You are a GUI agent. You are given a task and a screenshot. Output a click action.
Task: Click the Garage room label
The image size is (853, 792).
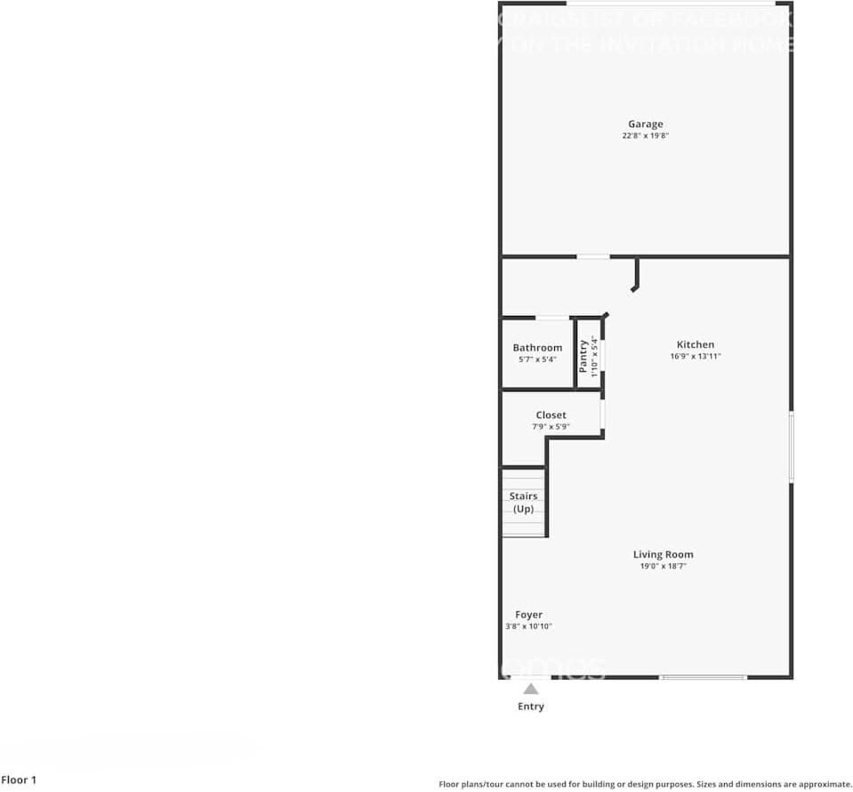(645, 125)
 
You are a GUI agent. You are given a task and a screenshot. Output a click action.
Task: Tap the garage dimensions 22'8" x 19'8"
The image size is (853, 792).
(645, 136)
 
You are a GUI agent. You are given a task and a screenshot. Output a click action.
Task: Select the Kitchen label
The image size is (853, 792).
(695, 344)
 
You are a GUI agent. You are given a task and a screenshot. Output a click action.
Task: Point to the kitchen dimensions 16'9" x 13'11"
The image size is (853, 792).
(695, 356)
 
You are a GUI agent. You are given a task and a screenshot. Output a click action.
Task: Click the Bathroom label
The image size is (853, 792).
(537, 348)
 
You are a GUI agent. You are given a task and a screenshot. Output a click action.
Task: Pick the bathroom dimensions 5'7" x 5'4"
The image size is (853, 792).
(537, 360)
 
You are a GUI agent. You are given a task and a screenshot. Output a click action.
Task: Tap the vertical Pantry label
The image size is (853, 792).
(583, 356)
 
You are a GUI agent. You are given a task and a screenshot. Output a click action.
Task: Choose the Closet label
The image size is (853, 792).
(551, 415)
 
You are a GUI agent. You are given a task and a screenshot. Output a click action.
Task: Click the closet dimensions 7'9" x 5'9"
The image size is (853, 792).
(551, 426)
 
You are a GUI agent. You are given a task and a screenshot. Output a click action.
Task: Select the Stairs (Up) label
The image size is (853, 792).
(523, 503)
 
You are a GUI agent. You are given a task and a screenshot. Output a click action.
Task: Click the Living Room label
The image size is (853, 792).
(663, 554)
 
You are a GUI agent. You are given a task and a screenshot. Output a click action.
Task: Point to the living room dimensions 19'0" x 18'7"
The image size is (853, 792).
(663, 566)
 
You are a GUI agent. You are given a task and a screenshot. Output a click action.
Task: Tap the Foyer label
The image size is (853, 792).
(528, 615)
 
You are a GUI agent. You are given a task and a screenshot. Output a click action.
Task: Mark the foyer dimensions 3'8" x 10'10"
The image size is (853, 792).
(528, 626)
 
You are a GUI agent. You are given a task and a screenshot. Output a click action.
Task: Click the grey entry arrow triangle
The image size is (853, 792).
(531, 688)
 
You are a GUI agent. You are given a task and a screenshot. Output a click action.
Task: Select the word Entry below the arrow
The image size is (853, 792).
(531, 707)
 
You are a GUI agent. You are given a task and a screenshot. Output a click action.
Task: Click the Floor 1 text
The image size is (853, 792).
(19, 780)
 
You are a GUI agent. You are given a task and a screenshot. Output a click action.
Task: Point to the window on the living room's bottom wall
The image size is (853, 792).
(703, 677)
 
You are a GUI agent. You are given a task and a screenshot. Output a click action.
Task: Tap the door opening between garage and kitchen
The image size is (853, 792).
(593, 256)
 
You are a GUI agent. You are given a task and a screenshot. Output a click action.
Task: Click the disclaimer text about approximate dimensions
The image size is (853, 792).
(645, 784)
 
